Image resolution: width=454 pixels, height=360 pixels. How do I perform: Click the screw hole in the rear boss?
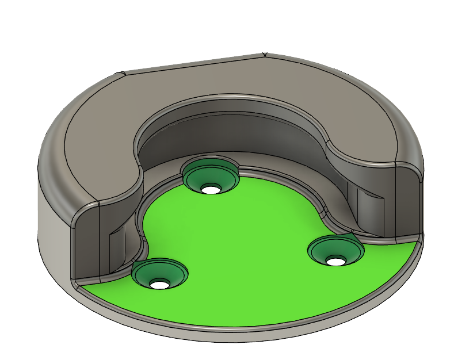211,188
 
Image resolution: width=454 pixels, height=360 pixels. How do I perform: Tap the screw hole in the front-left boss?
159,283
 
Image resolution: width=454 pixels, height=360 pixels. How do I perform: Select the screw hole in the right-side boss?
335,261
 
